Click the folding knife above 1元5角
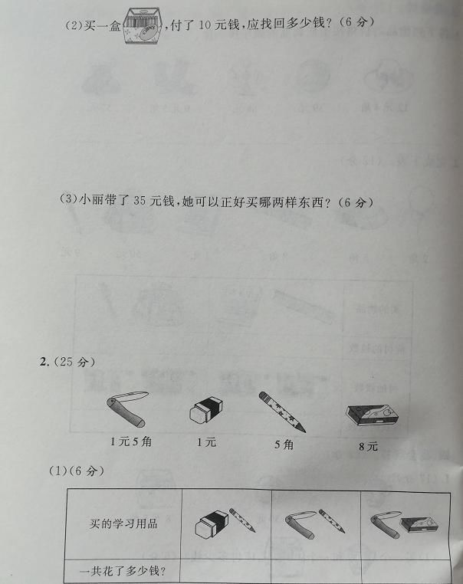coord(126,409)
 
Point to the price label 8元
coord(368,446)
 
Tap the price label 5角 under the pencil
coord(283,444)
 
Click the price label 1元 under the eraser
coord(206,441)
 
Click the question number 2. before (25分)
coord(44,362)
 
